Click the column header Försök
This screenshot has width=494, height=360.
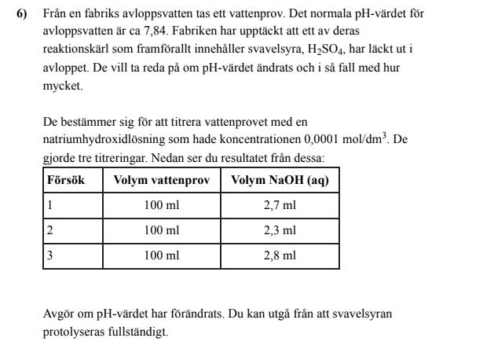pos(66,180)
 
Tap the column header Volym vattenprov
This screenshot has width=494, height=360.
pos(162,180)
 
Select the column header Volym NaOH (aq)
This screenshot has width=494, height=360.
pos(280,180)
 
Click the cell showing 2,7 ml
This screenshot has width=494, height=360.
pos(280,206)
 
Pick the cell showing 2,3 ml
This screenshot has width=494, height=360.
pos(280,231)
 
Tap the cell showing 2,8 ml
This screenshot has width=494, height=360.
pos(280,256)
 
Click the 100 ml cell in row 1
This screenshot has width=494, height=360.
pos(162,206)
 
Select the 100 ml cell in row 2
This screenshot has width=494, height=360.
pos(162,231)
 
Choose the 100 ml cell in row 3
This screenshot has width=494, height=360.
pos(162,256)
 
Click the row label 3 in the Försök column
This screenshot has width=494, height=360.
pos(50,256)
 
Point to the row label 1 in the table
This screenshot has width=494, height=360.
pos(50,206)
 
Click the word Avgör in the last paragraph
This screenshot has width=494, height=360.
pos(56,314)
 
